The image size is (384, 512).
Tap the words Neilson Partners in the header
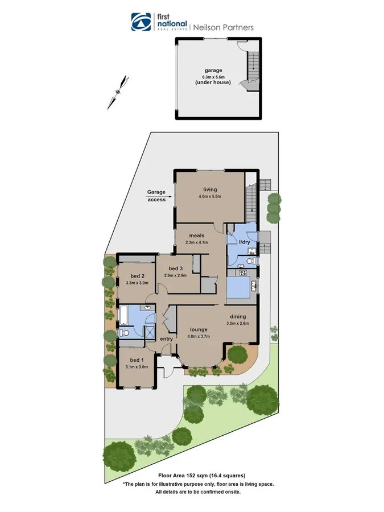(x=224, y=27)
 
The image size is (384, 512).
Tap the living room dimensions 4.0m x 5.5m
(x=209, y=197)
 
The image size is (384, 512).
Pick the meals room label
(x=197, y=236)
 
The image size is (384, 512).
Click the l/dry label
(x=245, y=243)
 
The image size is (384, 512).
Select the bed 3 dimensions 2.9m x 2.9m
(x=176, y=275)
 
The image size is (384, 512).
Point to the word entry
(x=166, y=340)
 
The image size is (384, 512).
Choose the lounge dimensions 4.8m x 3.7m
(x=199, y=336)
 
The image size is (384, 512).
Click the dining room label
(x=238, y=317)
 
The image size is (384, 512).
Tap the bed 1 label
(x=136, y=360)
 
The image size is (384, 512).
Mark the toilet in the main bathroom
(x=123, y=332)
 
